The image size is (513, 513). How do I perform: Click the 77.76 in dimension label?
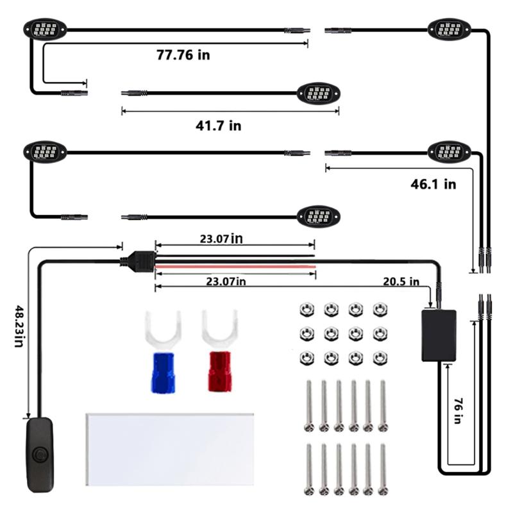(x=183, y=55)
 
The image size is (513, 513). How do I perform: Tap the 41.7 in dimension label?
(x=218, y=126)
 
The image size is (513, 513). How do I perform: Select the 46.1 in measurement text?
(x=433, y=184)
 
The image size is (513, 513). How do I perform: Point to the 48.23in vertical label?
(x=19, y=326)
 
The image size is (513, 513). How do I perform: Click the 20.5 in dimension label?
(x=401, y=282)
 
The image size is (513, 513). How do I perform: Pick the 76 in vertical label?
(x=458, y=411)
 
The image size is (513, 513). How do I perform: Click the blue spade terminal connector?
(x=163, y=351)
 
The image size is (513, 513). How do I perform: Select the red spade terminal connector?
(x=219, y=351)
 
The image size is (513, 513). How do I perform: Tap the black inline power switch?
(x=40, y=455)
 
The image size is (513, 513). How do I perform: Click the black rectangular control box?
(x=439, y=335)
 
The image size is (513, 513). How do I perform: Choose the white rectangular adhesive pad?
(x=169, y=450)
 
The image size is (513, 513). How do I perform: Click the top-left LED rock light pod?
(x=45, y=29)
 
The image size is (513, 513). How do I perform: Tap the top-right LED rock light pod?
(x=450, y=29)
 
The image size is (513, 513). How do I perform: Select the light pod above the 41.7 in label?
(x=318, y=93)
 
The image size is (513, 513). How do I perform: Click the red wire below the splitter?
(x=235, y=267)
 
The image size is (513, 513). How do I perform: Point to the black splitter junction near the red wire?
(x=137, y=260)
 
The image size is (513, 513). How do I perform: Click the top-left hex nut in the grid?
(x=307, y=309)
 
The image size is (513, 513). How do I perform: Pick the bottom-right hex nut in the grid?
(x=380, y=358)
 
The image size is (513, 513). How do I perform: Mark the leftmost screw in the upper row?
(x=309, y=406)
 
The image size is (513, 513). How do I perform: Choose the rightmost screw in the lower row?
(x=383, y=469)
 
